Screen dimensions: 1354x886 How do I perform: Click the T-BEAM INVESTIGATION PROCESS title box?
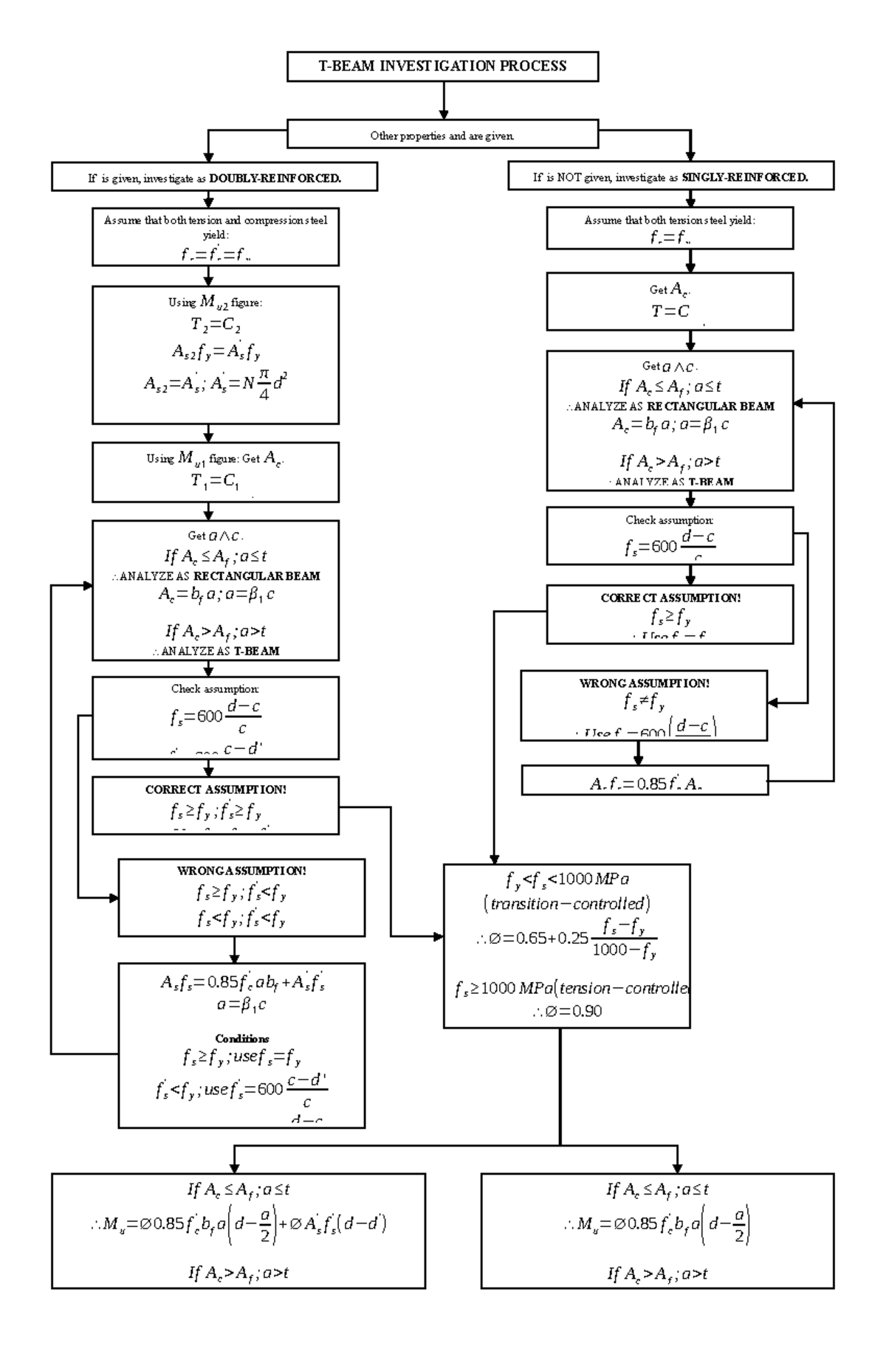(x=442, y=66)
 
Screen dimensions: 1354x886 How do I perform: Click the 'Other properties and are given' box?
(x=442, y=136)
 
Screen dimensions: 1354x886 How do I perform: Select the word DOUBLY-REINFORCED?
(x=275, y=178)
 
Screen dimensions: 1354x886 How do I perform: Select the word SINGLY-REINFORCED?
(x=745, y=178)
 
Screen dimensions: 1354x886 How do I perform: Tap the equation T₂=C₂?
(x=216, y=325)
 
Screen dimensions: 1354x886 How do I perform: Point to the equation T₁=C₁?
(x=215, y=481)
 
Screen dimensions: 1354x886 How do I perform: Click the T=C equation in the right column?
(x=670, y=311)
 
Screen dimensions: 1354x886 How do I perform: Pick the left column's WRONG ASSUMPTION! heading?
(x=241, y=871)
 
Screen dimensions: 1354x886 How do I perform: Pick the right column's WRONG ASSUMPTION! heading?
(x=645, y=683)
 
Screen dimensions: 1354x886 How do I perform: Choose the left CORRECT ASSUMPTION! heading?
(x=216, y=790)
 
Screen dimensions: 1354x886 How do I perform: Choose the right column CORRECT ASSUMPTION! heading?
(x=670, y=598)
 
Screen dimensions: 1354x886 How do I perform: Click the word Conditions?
(x=241, y=1038)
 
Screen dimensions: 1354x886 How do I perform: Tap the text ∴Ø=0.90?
(x=567, y=1011)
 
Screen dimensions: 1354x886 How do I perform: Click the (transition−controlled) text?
(x=566, y=904)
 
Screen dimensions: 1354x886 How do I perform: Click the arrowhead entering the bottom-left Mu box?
(x=235, y=1168)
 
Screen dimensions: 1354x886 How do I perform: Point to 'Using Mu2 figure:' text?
(x=215, y=303)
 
